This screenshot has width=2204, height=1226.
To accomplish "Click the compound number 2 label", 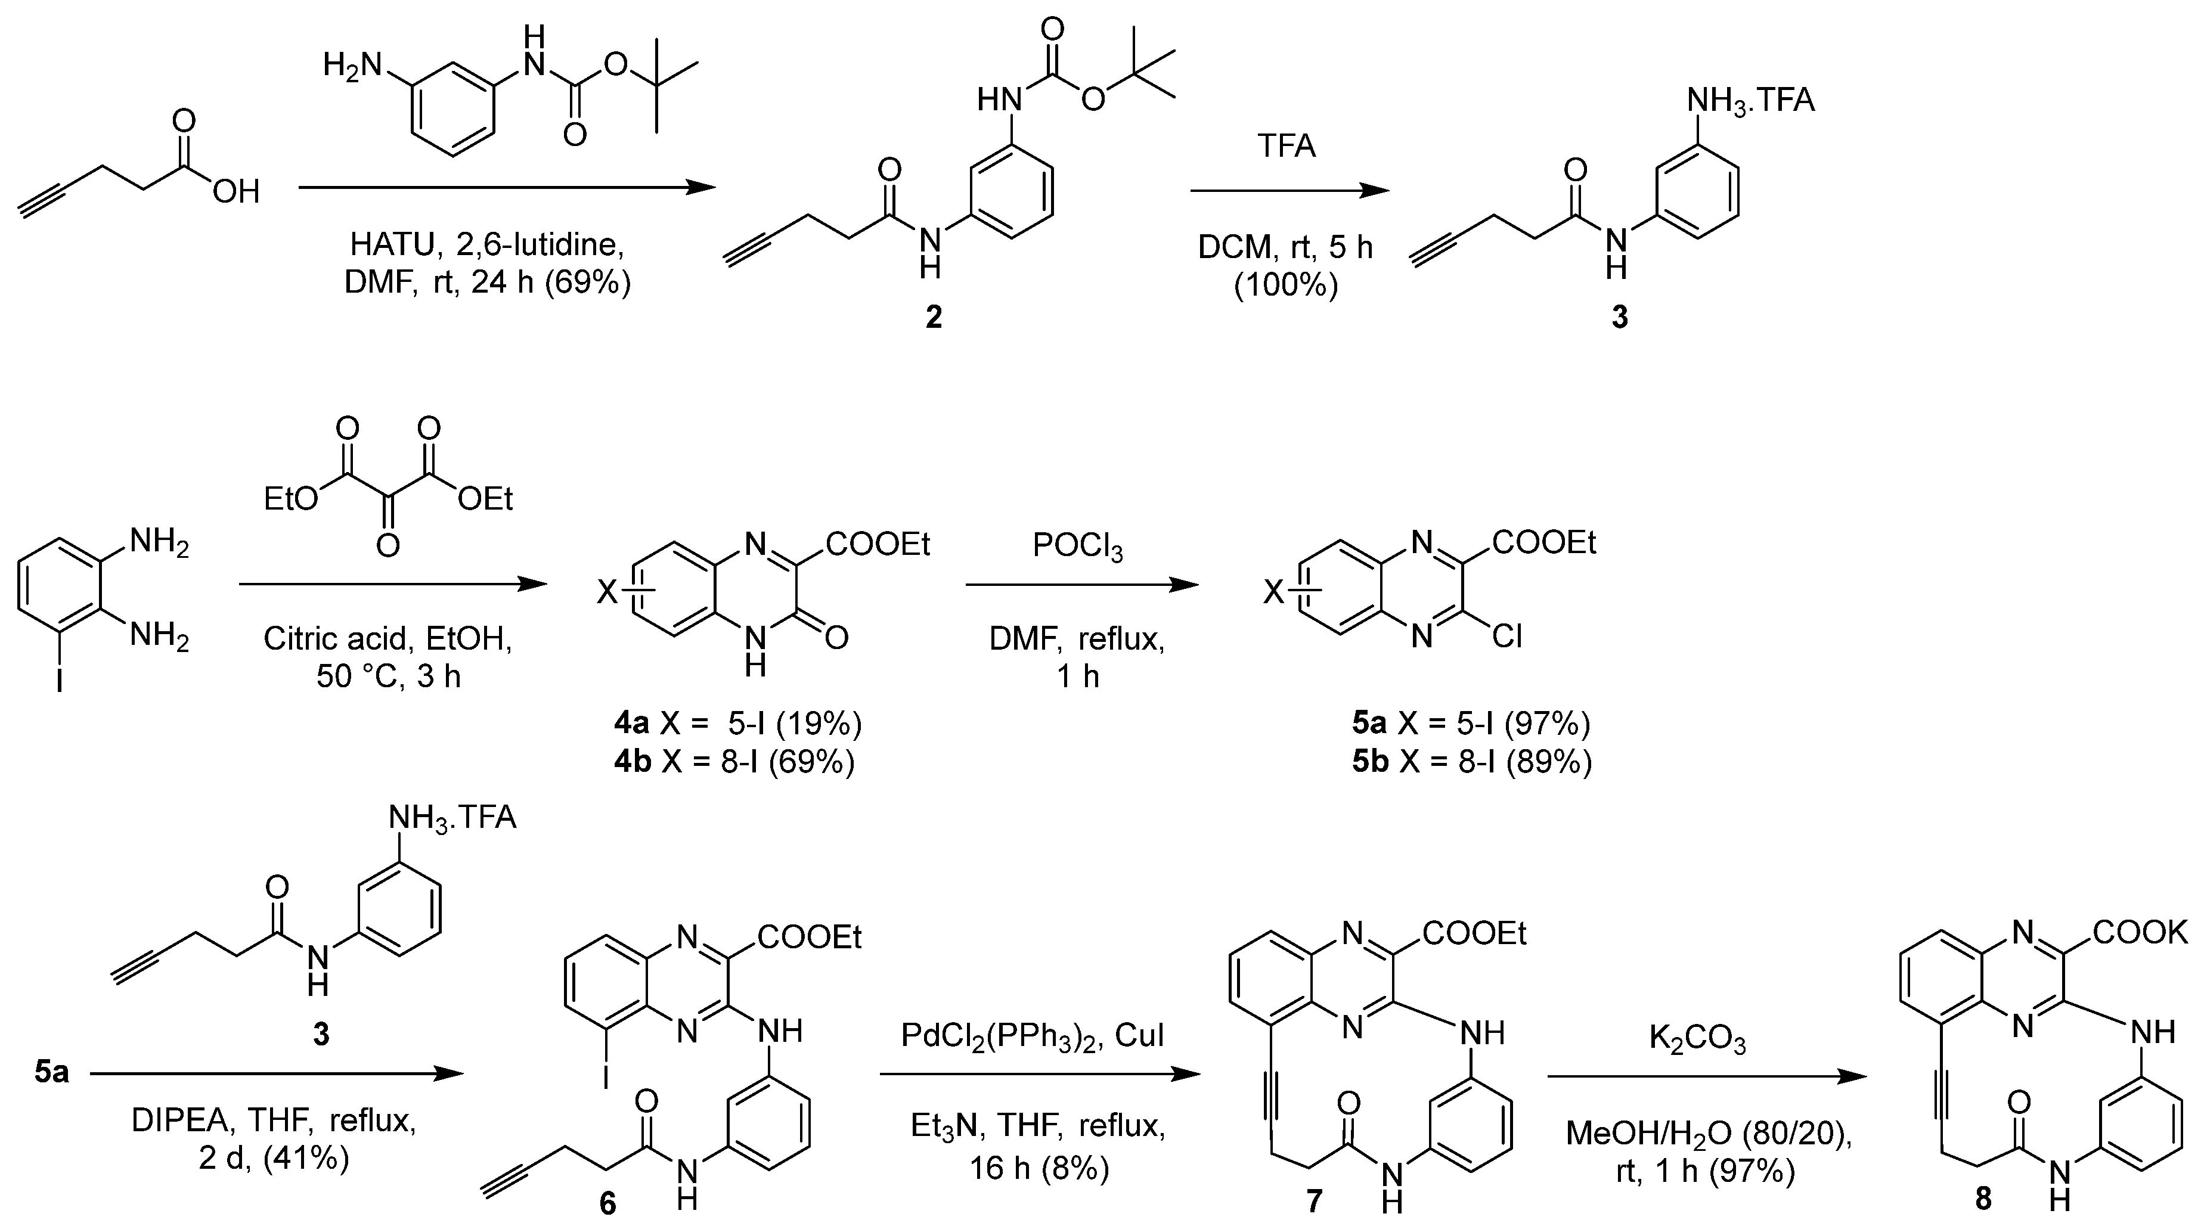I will [x=934, y=318].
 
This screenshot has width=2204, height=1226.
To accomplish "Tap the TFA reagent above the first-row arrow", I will [x=1286, y=146].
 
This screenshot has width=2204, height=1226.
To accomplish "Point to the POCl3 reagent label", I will [x=1077, y=547].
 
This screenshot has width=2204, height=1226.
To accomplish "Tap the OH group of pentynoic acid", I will [x=236, y=192].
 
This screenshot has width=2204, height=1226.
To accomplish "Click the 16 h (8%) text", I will [x=1039, y=1168].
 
